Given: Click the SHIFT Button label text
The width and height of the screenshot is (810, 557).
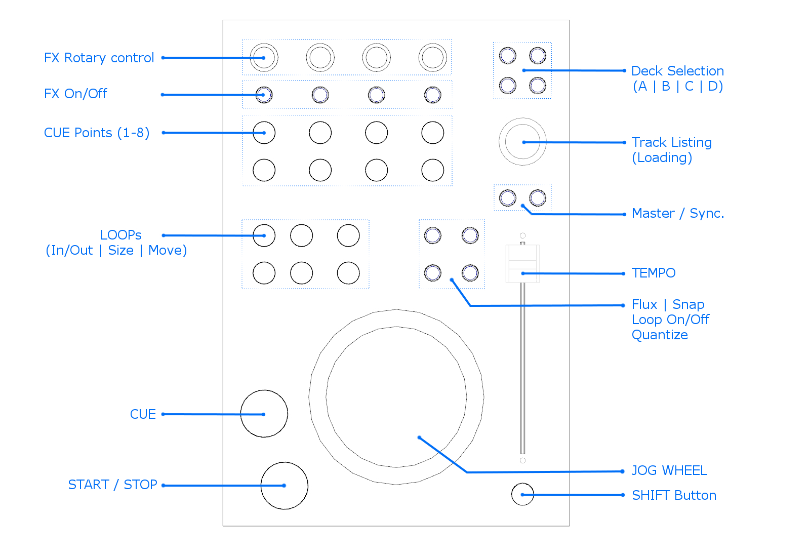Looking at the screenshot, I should point(674,495).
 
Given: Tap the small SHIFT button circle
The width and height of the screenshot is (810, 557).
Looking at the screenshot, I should point(522,494).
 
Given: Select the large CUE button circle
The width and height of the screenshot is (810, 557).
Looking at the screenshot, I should point(264,414).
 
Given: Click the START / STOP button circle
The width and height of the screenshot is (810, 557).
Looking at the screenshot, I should point(285,486).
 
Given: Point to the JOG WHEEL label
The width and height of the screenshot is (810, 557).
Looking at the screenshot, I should point(669,470).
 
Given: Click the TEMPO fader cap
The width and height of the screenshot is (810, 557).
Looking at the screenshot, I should point(522,263).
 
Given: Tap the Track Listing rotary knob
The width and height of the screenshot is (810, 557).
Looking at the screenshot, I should point(522,142).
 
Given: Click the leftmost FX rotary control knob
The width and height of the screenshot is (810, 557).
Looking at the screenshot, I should point(264,57).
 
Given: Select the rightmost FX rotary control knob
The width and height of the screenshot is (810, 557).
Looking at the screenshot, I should point(433,57).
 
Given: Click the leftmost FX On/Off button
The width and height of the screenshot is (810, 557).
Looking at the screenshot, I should point(264,95).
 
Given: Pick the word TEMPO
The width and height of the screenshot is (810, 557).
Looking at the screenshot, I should point(654,273).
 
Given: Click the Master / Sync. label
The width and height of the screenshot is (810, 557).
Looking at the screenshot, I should point(678,213).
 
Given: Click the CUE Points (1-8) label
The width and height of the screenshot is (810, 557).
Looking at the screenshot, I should point(97,133).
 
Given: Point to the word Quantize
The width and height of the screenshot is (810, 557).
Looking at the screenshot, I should point(660,335).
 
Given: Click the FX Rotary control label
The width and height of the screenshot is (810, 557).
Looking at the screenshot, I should point(99,58).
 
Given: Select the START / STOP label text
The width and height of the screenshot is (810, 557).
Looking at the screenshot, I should point(112,485).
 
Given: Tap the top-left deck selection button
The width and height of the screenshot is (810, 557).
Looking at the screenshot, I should point(508,55).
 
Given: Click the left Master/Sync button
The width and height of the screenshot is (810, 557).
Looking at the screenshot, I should point(508,198).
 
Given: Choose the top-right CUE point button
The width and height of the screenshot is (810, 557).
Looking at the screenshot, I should point(433,133).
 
